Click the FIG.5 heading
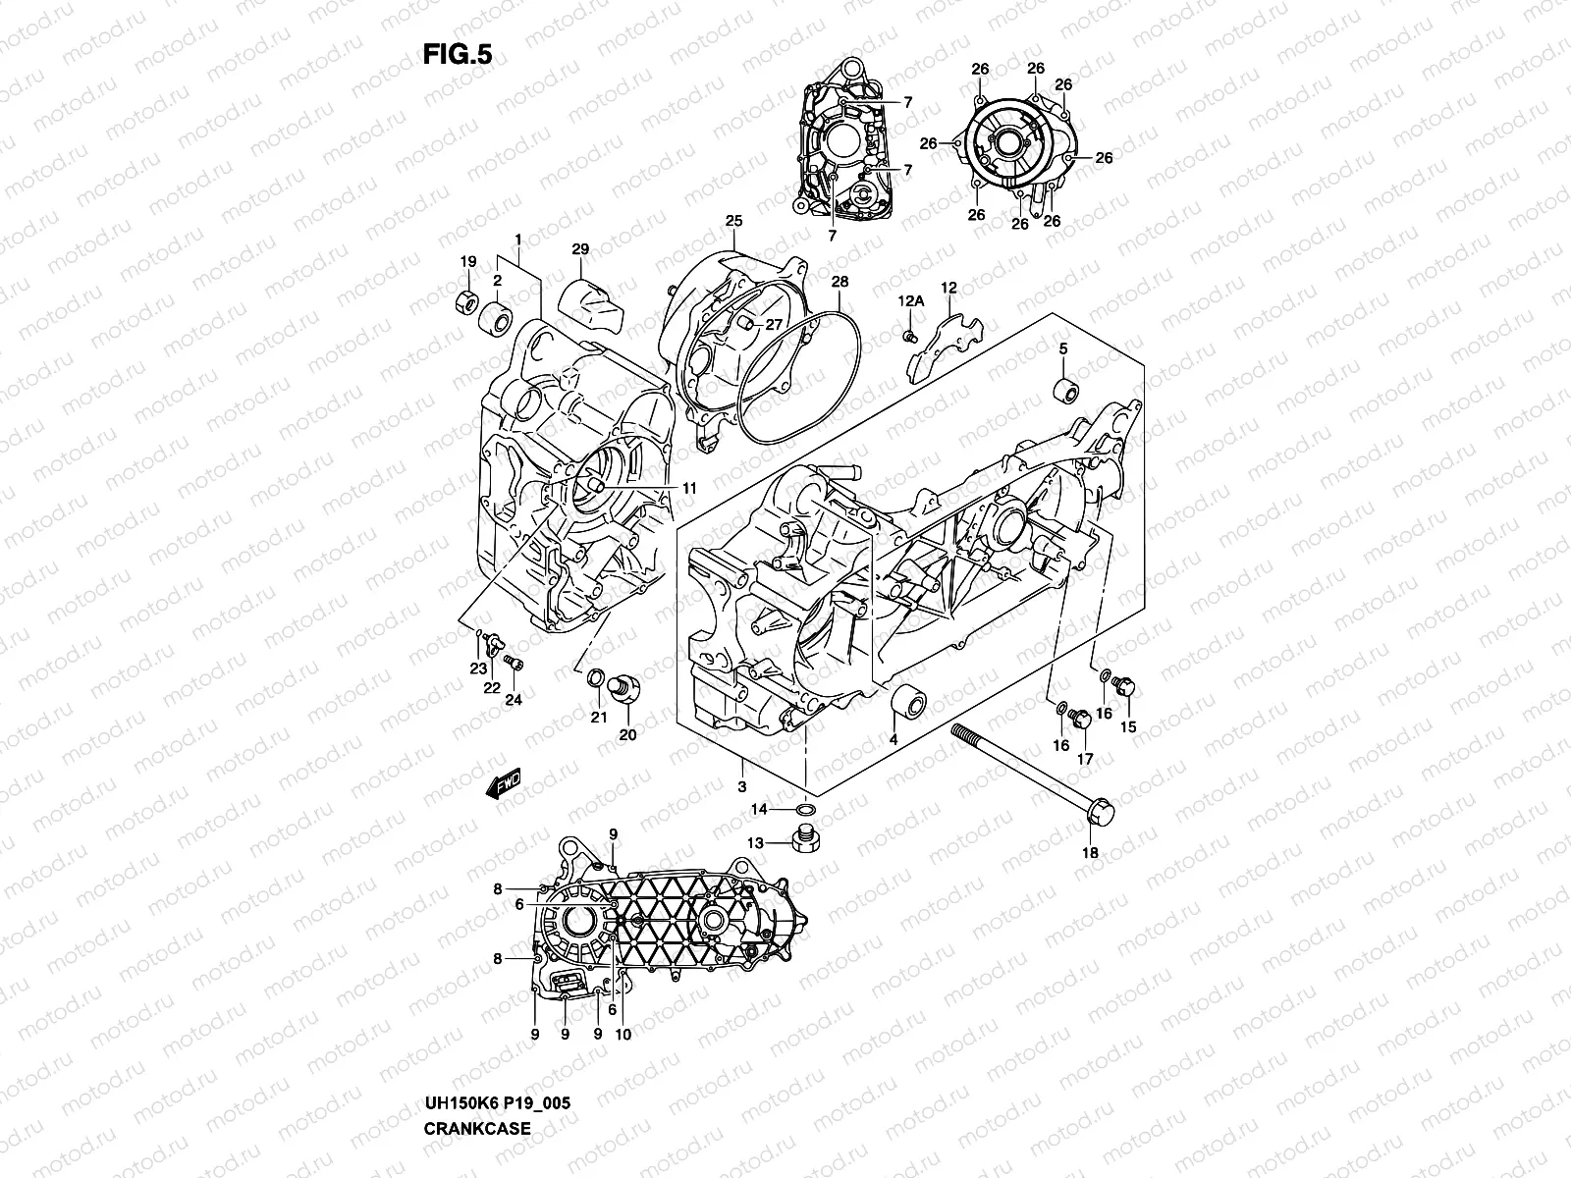457,55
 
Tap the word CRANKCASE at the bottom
477,1128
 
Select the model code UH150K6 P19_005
497,1103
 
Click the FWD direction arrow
504,783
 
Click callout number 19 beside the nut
468,261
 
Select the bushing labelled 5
1064,390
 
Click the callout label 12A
910,300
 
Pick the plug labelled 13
805,839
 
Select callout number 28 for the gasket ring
840,282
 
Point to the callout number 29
579,250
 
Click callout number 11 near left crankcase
689,488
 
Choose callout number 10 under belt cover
623,1034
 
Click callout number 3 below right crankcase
741,787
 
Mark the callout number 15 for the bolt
1128,727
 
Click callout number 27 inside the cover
774,325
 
